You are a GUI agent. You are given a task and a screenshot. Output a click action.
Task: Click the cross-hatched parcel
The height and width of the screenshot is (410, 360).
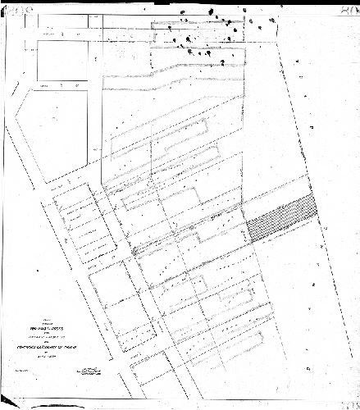pyautogui.click(x=281, y=218)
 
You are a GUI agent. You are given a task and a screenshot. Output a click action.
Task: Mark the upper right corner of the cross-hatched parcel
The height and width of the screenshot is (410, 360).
pyautogui.click(x=316, y=196)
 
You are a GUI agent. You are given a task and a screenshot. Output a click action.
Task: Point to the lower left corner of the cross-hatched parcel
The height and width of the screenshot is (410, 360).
pyautogui.click(x=248, y=240)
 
